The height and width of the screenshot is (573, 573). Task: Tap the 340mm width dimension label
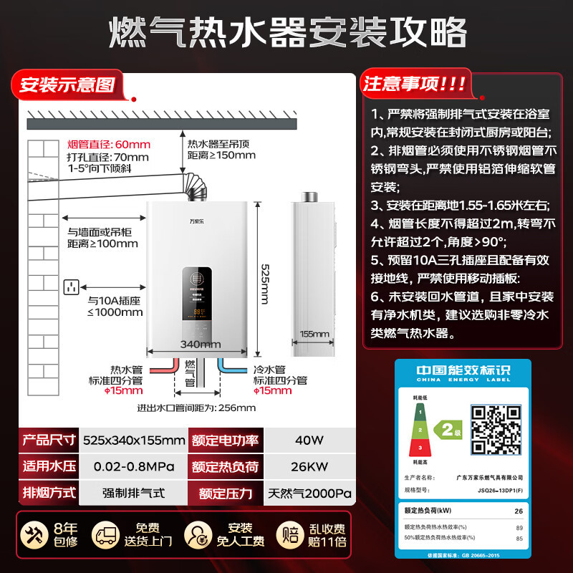200,345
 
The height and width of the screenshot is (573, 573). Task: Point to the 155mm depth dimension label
314,334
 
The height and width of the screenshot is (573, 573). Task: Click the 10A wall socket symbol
70,287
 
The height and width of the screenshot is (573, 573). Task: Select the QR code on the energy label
495,427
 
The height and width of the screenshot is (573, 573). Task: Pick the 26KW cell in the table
309,466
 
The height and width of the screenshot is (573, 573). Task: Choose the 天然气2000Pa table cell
309,493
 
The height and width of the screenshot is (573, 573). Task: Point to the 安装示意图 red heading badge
67,85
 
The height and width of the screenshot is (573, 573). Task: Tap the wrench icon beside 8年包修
32,534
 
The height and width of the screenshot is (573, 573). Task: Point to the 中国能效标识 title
463,371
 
